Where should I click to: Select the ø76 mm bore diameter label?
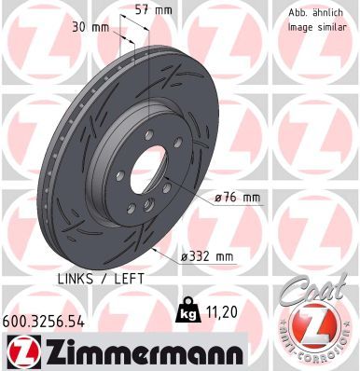[x=237, y=197]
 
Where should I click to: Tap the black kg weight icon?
[x=186, y=309]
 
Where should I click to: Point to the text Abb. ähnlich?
[x=313, y=13]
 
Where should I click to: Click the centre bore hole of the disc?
[x=150, y=173]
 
